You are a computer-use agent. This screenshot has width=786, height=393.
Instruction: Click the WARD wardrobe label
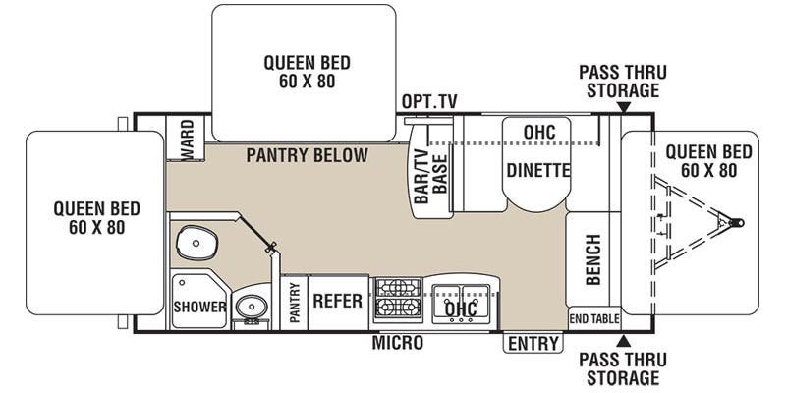pos(187,140)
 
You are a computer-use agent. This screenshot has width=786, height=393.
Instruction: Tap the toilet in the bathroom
pos(197,243)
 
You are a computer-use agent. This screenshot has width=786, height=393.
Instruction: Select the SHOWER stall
pos(199,300)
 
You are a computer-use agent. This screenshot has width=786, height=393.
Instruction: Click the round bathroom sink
pos(252,305)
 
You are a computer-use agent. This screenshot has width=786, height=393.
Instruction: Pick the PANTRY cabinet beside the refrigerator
pos(294,303)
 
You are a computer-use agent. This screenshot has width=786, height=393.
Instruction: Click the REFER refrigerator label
pos(337,301)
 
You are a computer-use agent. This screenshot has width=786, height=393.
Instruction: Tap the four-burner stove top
pos(398,298)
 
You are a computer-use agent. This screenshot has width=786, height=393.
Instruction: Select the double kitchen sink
pos(461,304)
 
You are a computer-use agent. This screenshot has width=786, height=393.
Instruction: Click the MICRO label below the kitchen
pos(397,343)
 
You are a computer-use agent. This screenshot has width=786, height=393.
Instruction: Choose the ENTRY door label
pos(533,343)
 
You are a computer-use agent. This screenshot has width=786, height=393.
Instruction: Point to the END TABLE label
pos(594,318)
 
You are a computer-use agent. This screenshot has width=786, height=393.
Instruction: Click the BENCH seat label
pos(593,259)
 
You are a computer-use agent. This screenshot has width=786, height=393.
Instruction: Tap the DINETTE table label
pos(538,170)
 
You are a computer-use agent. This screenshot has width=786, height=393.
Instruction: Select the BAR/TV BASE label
pos(430,177)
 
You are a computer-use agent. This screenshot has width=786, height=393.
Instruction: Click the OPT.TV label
pos(429,102)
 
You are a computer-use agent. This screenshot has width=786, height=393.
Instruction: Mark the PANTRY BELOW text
pos(307,155)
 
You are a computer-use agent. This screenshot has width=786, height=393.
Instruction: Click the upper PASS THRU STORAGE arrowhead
pos(623,107)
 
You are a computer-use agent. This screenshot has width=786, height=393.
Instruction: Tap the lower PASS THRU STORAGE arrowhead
pos(623,341)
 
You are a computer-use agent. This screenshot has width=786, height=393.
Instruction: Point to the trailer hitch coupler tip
pos(740,223)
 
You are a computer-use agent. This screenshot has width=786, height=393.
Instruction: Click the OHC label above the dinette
pos(539,132)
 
